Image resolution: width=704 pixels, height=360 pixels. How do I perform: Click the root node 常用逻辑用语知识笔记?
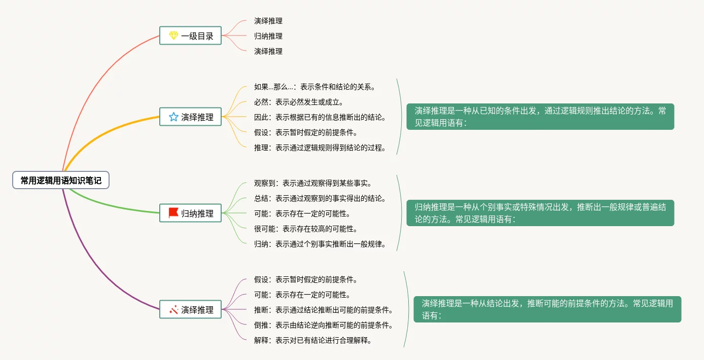point(61,180)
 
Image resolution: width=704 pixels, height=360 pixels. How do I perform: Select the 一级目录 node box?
point(190,36)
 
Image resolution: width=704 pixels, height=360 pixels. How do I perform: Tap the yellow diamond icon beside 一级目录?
point(173,36)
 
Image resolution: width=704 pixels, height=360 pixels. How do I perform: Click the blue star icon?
point(173,117)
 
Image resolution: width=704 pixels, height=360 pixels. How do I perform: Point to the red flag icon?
point(173,213)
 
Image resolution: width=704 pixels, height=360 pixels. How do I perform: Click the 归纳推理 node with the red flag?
point(190,213)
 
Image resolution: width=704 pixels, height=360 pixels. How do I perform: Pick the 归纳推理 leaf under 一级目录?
point(268,36)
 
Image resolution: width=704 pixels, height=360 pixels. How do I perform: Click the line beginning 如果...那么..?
point(314,87)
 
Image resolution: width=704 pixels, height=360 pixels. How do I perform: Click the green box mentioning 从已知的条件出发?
point(540,117)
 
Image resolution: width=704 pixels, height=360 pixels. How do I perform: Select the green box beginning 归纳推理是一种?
point(540,213)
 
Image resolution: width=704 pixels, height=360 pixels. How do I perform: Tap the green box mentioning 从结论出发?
point(547,309)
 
